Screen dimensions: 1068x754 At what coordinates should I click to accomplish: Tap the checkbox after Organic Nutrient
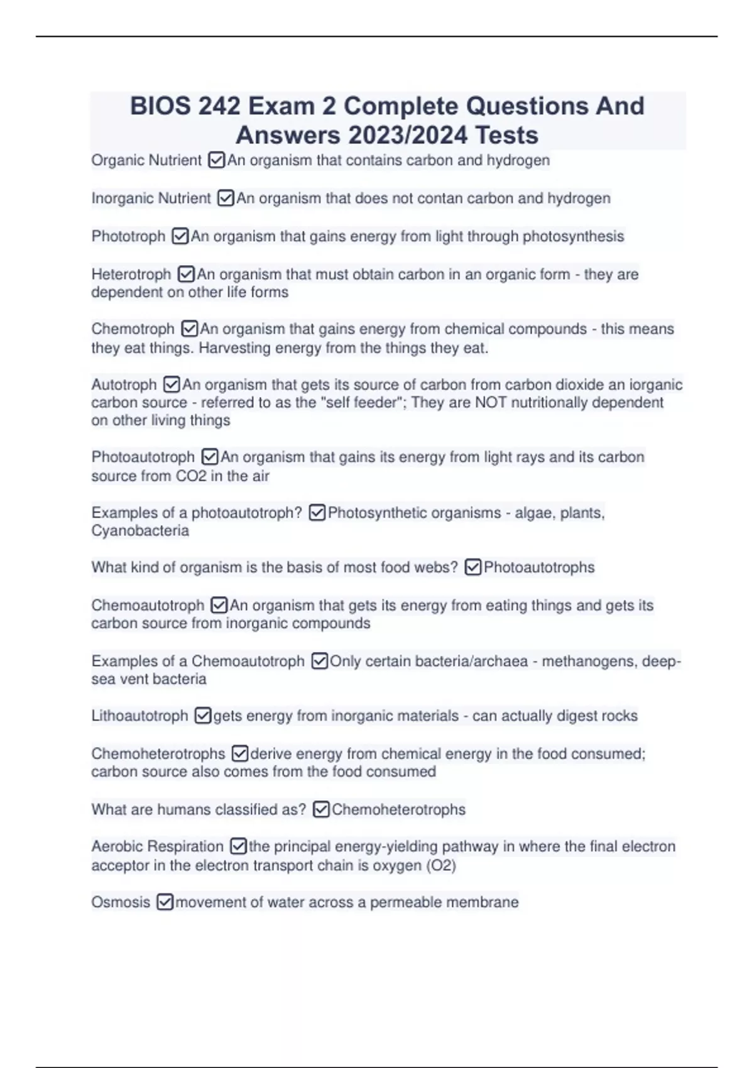(x=216, y=161)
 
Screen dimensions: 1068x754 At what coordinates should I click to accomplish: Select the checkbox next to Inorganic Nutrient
(x=226, y=199)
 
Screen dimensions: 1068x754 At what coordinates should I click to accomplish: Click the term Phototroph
(x=128, y=237)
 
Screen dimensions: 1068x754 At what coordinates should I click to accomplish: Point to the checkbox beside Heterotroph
(x=186, y=275)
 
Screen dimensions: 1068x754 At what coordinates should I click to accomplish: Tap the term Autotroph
(x=124, y=384)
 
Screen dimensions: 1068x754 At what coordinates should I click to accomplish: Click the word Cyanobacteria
(x=140, y=531)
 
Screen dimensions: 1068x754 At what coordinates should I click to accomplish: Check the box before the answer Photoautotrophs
(x=473, y=568)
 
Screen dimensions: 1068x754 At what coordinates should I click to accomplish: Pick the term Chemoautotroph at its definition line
(x=148, y=606)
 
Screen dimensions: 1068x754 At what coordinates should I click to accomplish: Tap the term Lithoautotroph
(x=139, y=716)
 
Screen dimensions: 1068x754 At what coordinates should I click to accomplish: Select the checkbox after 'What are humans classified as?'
(x=321, y=810)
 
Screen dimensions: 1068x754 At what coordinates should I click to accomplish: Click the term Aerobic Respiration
(x=157, y=847)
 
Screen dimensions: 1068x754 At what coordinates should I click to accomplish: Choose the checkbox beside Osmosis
(x=165, y=903)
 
